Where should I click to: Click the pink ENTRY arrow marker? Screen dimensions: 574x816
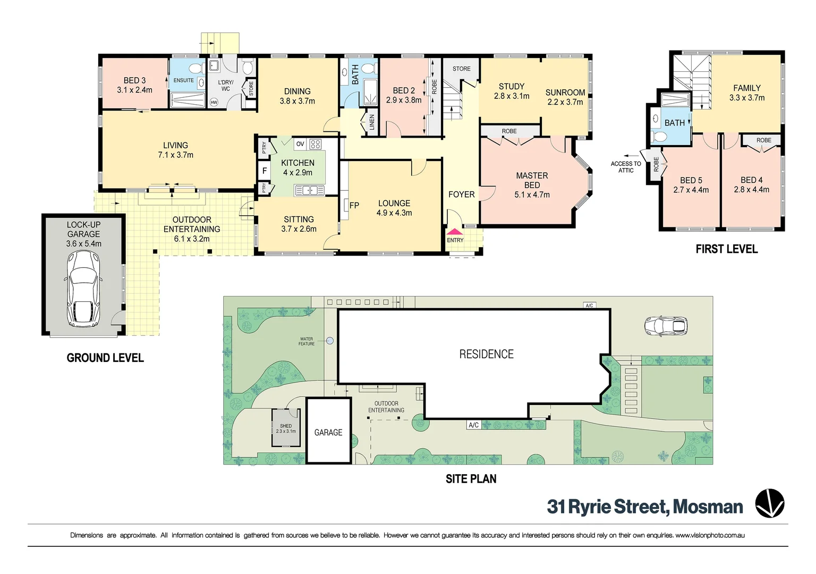(x=455, y=232)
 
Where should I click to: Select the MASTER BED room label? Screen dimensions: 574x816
(x=532, y=180)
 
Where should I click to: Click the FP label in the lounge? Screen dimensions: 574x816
(x=354, y=205)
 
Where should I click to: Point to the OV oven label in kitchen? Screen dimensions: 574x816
(x=300, y=144)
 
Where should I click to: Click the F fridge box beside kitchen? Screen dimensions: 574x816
(x=264, y=171)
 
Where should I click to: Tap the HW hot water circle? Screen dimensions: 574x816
(x=214, y=102)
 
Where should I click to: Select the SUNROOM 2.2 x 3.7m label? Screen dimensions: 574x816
(x=565, y=97)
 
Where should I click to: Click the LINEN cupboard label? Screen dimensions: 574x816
(x=372, y=122)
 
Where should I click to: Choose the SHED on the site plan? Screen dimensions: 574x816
(x=286, y=428)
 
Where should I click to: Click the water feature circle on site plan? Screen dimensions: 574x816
(x=330, y=341)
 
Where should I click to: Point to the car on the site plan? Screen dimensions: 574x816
(x=666, y=326)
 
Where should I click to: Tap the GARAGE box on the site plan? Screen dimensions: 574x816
(x=328, y=432)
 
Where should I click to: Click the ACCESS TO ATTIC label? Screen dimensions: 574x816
(x=626, y=167)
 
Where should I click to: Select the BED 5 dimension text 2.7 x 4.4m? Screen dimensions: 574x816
(x=691, y=190)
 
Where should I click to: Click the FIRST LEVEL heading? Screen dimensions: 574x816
(x=726, y=249)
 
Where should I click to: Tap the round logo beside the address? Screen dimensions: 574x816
(x=770, y=503)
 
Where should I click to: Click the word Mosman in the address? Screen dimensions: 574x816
(x=708, y=507)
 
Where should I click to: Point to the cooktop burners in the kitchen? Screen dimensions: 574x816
(x=316, y=144)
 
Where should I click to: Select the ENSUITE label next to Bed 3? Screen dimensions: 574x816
(x=183, y=80)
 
